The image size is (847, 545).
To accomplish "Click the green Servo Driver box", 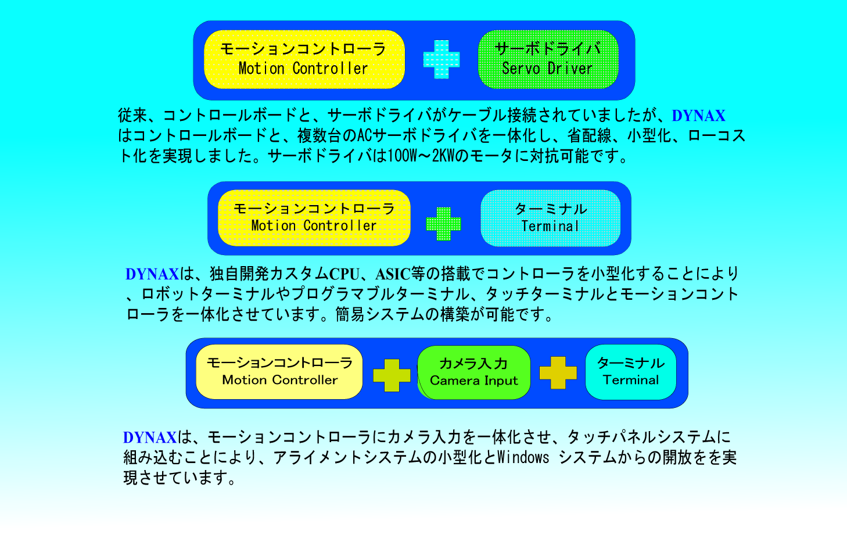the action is coord(548,59).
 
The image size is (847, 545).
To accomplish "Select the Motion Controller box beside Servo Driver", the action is coord(304,59).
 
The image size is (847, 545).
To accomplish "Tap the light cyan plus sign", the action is coord(442,59).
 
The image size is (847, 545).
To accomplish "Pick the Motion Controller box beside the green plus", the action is coord(314,218).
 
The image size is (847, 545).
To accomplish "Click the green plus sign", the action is coord(443,224).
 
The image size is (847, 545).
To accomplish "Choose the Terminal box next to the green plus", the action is coord(551,218).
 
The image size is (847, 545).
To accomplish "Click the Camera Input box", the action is coord(474,372).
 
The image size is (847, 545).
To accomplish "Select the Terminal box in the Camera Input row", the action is coord(631,372).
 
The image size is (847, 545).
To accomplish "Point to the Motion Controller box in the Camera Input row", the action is coord(279,372).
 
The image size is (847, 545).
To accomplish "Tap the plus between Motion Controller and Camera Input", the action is coord(392,375).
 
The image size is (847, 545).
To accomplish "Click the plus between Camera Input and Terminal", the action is coord(558,372).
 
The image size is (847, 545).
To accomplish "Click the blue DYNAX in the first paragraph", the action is coord(698,116).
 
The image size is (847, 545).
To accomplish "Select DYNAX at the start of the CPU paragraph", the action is coord(152,274).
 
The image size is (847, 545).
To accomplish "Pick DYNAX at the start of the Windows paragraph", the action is coord(150,438).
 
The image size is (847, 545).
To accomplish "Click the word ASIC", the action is coord(393,274).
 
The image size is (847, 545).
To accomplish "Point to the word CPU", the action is coord(344,274).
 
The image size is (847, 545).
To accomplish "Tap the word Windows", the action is coord(523,457).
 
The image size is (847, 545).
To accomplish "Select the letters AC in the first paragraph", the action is coord(365,136).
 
